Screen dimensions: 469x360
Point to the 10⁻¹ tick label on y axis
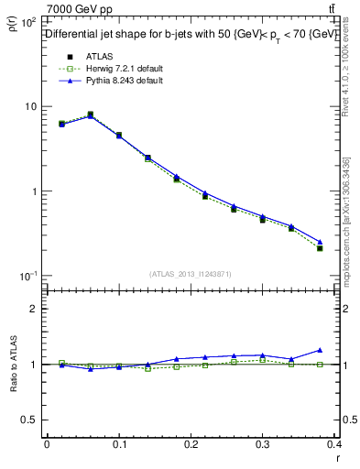[27, 277]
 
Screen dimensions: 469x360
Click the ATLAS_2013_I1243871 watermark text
[191, 274]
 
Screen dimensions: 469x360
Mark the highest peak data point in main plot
[90, 115]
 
